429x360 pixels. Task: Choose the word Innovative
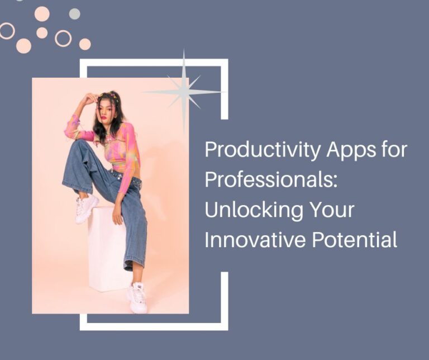point(250,240)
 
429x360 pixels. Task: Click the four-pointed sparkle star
point(184,92)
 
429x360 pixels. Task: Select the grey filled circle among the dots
point(74,13)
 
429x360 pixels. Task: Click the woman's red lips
point(103,117)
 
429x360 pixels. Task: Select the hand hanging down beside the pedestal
point(118,215)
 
